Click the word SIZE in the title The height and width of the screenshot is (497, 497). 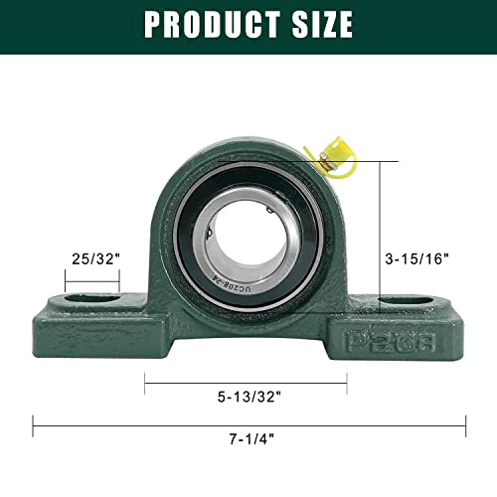click(x=322, y=24)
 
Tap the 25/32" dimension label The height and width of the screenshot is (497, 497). click(x=95, y=258)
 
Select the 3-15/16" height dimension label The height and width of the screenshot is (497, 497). click(x=416, y=258)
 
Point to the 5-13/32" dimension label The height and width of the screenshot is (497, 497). click(x=249, y=397)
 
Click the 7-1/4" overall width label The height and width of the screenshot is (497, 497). click(x=252, y=439)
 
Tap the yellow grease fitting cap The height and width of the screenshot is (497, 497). click(x=335, y=156)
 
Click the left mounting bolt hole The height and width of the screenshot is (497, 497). click(x=92, y=298)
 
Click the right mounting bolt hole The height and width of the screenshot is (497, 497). click(x=407, y=301)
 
